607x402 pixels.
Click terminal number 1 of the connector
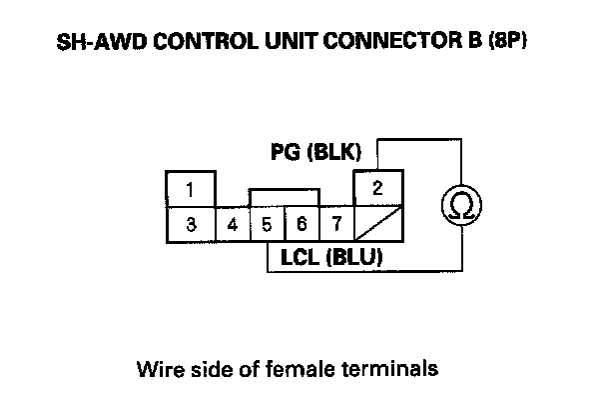point(191,189)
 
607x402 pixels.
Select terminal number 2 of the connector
point(378,188)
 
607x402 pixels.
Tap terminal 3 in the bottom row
point(191,225)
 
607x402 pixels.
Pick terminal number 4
point(233,225)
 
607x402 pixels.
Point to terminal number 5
point(268,225)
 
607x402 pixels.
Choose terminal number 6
point(302,225)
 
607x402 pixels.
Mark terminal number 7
point(336,225)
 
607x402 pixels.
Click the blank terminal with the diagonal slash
point(378,225)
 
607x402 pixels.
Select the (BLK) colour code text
point(334,152)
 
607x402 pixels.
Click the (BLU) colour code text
point(355,257)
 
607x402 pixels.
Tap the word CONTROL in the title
point(206,41)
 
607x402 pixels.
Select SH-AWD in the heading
point(102,41)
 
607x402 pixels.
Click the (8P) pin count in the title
point(507,40)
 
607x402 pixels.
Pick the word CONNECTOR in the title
point(393,41)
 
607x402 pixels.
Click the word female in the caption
point(300,369)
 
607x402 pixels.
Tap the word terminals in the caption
point(389,369)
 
